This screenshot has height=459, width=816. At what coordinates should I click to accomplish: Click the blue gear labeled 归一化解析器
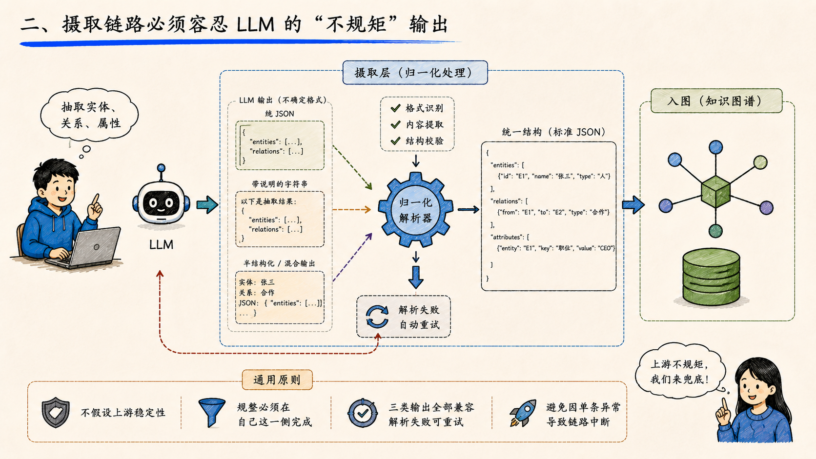tap(416, 210)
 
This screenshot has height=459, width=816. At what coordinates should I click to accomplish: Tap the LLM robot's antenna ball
tap(161, 168)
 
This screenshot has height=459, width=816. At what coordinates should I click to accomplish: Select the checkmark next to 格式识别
tap(396, 108)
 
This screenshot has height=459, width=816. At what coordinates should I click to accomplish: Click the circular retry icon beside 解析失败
tap(377, 317)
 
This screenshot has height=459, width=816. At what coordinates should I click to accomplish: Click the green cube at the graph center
tap(715, 192)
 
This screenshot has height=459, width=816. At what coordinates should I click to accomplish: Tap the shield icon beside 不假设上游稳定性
tap(56, 412)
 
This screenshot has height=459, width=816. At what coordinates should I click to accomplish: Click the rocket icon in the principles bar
tap(523, 413)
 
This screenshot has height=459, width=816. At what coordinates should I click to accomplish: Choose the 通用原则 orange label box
tap(277, 380)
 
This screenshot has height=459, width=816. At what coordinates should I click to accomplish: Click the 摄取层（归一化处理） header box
tap(415, 73)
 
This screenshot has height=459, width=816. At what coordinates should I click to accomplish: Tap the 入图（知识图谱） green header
tap(716, 101)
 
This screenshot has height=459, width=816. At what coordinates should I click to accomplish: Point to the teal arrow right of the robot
tap(207, 205)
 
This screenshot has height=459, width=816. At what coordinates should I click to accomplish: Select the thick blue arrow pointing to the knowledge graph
tap(633, 205)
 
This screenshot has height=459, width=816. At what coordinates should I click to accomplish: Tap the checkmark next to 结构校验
tap(396, 140)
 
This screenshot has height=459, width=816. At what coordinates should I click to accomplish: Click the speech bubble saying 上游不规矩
tap(680, 372)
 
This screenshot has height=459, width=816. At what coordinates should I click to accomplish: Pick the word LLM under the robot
tap(162, 244)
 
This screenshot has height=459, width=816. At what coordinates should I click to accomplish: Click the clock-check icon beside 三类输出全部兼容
tap(363, 413)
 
